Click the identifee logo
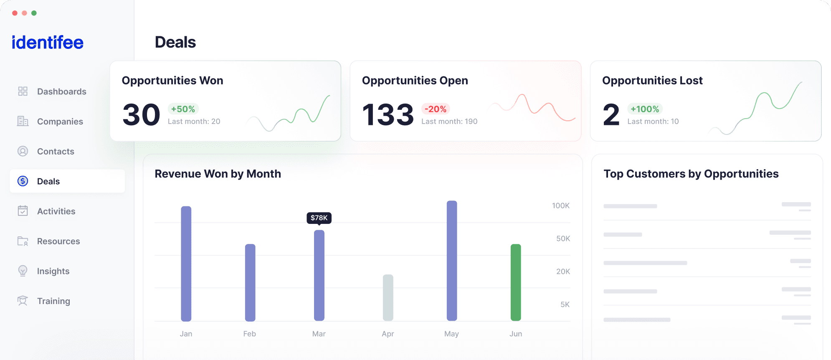[x=48, y=43]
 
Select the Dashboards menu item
[x=61, y=91]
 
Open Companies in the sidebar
[x=60, y=122]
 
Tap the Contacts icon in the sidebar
[x=23, y=151]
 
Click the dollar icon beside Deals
[x=23, y=181]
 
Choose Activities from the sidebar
[x=56, y=211]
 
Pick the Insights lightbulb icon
[x=23, y=271]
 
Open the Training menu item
[x=53, y=301]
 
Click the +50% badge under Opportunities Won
[x=183, y=109]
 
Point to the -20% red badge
[x=436, y=109]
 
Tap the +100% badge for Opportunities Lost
[x=645, y=109]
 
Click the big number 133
[x=388, y=115]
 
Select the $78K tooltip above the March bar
[x=319, y=218]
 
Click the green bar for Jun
[x=516, y=282]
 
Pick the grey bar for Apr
[x=388, y=297]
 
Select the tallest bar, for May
[x=452, y=261]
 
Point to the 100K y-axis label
[x=560, y=205]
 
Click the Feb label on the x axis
[x=250, y=334]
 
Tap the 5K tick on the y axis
[x=565, y=304]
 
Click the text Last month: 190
[x=449, y=122]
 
